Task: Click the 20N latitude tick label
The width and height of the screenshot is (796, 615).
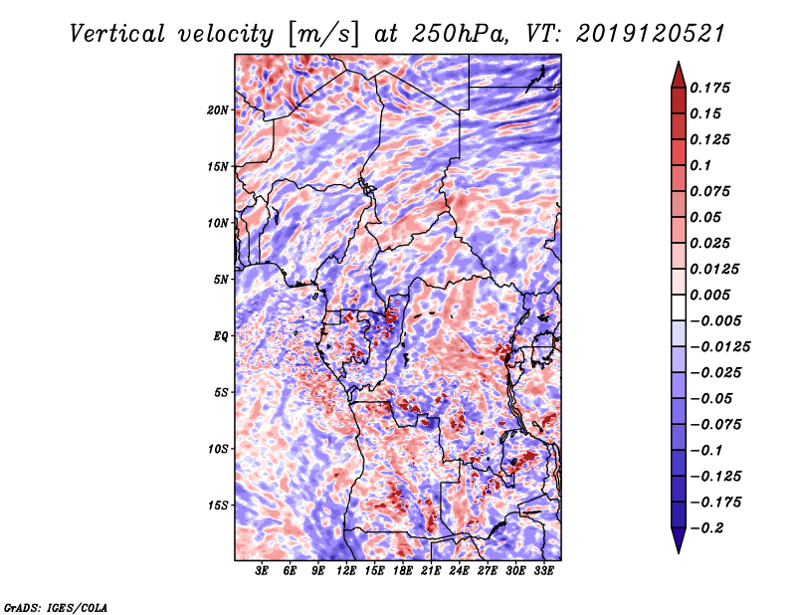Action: (219, 109)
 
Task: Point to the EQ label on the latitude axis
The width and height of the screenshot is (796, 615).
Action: (222, 336)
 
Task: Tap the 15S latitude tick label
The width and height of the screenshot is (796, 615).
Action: (219, 506)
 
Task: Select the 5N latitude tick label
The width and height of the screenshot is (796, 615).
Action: (222, 280)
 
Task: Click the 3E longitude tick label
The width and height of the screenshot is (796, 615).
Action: (263, 572)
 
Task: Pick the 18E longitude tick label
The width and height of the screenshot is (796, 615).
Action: (403, 572)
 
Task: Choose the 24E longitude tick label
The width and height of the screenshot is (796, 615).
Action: (460, 572)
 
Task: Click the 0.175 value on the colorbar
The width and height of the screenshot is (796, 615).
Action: (713, 88)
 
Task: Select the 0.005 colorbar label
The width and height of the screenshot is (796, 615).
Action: (713, 295)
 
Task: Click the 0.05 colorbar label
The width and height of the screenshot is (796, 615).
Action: (706, 217)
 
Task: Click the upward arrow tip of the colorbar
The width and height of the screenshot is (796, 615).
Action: (677, 65)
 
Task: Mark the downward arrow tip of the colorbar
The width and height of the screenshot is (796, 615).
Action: (677, 550)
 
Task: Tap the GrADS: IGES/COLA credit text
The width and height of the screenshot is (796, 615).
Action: (56, 606)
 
